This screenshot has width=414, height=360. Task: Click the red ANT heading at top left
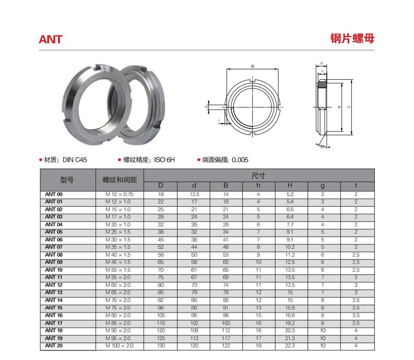coord(51,40)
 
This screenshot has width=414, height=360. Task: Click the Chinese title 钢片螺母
coord(352,39)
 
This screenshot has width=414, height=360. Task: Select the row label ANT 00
coord(54,194)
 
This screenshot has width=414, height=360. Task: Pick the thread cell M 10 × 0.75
coord(120,194)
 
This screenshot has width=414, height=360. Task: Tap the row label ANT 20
coord(54,345)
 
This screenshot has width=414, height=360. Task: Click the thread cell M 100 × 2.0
coord(120,345)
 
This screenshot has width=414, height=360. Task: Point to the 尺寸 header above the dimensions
coord(258,176)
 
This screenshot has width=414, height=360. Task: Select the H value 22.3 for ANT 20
coord(290,345)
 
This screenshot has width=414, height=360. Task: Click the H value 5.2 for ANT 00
coord(290,194)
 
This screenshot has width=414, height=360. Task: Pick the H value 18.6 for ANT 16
coord(290,315)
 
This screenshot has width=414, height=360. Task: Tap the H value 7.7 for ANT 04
coord(290,224)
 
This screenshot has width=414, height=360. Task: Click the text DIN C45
coord(75,160)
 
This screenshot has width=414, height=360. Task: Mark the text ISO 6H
coord(164,160)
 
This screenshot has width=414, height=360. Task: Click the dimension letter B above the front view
coord(252,67)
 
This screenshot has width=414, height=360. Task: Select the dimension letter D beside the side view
coord(348,107)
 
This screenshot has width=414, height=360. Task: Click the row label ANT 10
coord(54,270)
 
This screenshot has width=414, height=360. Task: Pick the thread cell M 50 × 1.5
coord(120,270)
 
